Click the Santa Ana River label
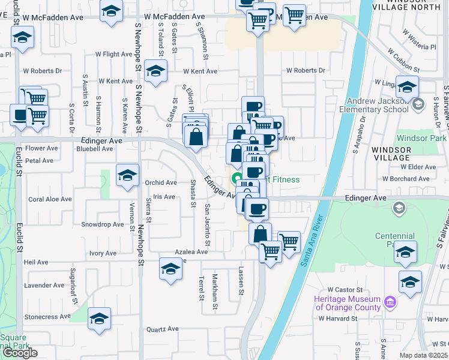[x=311, y=241]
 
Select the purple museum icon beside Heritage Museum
[x=391, y=300]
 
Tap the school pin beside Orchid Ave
[x=127, y=176]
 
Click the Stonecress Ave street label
[x=47, y=316]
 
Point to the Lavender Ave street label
[x=43, y=285]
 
